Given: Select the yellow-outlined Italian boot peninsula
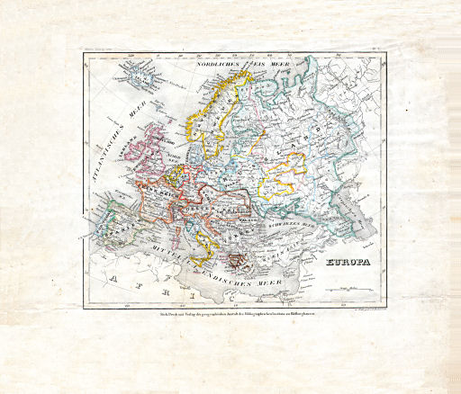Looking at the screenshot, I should (208, 236).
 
